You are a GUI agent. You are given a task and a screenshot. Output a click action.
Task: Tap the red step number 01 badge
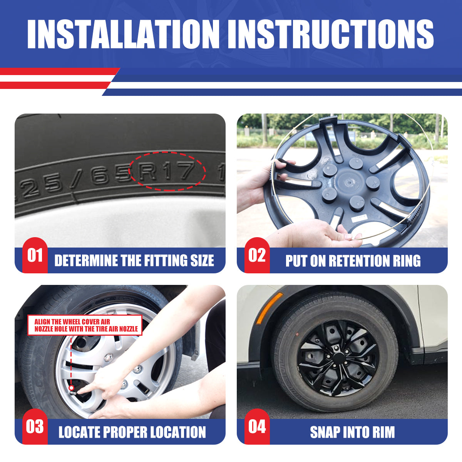click(x=35, y=255)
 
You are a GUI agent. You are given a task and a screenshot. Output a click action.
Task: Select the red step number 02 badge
click(x=257, y=255)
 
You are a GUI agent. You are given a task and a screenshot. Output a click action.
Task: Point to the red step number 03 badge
click(x=35, y=427)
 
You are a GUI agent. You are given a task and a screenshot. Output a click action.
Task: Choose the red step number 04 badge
click(x=257, y=427)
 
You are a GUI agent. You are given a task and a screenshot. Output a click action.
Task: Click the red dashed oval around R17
click(x=167, y=171)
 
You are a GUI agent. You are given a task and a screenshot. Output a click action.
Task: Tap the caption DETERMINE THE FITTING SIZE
click(x=134, y=261)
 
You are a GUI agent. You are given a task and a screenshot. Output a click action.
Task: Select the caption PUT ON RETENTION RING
click(x=353, y=261)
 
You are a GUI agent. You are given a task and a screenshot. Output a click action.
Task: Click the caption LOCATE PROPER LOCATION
click(x=132, y=432)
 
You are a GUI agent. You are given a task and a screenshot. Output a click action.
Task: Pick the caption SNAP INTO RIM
click(x=352, y=432)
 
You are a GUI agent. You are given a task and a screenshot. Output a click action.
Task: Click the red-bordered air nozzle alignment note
click(x=85, y=325)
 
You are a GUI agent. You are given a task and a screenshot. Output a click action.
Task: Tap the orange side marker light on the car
click(x=269, y=308)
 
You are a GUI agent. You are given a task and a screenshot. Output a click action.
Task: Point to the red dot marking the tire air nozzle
click(x=72, y=387)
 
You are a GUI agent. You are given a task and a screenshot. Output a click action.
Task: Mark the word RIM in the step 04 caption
click(x=383, y=432)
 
